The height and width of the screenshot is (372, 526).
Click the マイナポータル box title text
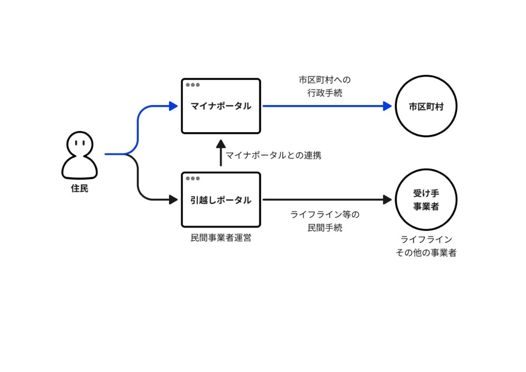(x=221, y=106)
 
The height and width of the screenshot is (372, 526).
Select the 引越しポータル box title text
(x=221, y=200)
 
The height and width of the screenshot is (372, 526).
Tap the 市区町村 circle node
(x=426, y=106)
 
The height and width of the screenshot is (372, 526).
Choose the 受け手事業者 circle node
(x=426, y=200)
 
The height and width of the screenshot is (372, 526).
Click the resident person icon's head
(x=80, y=144)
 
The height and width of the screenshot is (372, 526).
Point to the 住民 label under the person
(x=79, y=188)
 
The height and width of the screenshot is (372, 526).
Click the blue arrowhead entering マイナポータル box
(x=173, y=106)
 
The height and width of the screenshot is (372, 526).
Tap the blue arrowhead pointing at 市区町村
(x=387, y=106)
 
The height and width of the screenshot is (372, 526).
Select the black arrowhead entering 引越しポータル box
(x=173, y=200)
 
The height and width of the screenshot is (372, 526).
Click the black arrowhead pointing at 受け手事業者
(x=387, y=200)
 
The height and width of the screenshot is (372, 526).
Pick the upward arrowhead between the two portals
(x=221, y=144)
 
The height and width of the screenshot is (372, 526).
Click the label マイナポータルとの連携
(x=273, y=155)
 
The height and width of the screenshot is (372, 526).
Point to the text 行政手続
(x=325, y=93)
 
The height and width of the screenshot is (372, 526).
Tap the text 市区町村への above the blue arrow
(x=325, y=80)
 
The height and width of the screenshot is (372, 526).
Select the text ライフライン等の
(x=325, y=214)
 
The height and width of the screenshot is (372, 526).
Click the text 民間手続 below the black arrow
(x=325, y=228)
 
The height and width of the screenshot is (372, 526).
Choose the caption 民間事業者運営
(x=221, y=238)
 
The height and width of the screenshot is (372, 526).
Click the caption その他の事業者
(x=426, y=252)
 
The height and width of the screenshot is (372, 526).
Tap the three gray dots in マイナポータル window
(x=193, y=85)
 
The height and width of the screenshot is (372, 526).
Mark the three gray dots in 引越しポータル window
(x=193, y=179)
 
